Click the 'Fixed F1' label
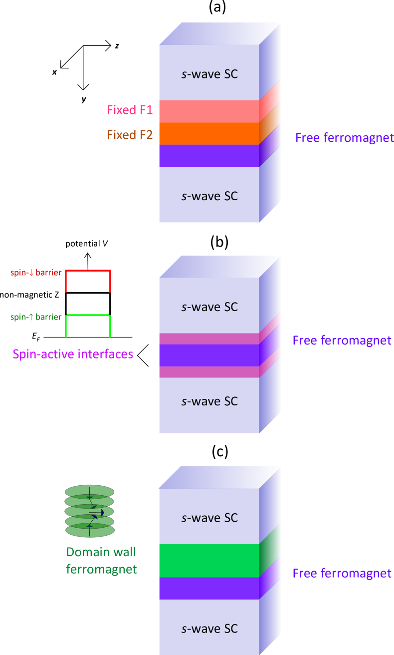click(x=130, y=110)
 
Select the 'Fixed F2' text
click(x=130, y=135)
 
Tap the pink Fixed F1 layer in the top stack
click(x=209, y=111)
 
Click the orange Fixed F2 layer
click(x=209, y=133)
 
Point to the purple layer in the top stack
click(x=209, y=155)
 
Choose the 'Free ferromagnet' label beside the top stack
click(x=344, y=138)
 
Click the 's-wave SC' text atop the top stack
click(x=209, y=74)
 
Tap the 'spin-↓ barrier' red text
click(x=36, y=273)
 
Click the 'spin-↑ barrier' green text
click(x=36, y=317)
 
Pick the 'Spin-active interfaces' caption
click(x=73, y=354)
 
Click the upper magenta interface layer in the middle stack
click(x=209, y=338)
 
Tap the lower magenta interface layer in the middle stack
click(x=209, y=372)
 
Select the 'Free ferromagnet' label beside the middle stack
click(x=342, y=340)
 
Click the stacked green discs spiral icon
click(x=90, y=511)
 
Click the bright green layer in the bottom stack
click(x=209, y=560)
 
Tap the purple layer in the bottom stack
click(x=209, y=588)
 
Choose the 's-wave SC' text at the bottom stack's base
click(x=209, y=629)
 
